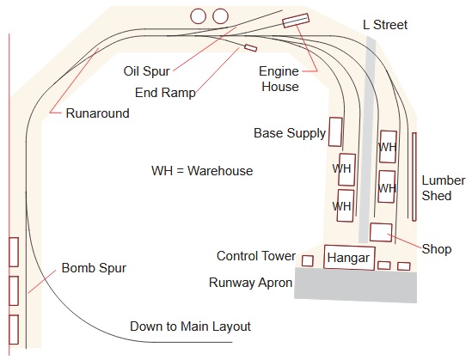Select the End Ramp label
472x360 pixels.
(166, 92)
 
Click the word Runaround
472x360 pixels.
(97, 113)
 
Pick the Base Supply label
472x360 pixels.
(290, 134)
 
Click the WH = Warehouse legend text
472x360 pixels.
(202, 171)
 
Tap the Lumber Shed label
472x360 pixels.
(443, 188)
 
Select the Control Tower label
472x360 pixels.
(256, 256)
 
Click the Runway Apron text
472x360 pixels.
(249, 281)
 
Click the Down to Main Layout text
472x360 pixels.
(190, 326)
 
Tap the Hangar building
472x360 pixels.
(348, 258)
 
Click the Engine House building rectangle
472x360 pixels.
(295, 20)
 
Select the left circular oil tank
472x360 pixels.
(199, 15)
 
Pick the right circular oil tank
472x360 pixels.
(220, 15)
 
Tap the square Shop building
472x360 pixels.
(381, 231)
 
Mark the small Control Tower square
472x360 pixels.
(307, 260)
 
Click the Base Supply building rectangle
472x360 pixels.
(336, 132)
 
